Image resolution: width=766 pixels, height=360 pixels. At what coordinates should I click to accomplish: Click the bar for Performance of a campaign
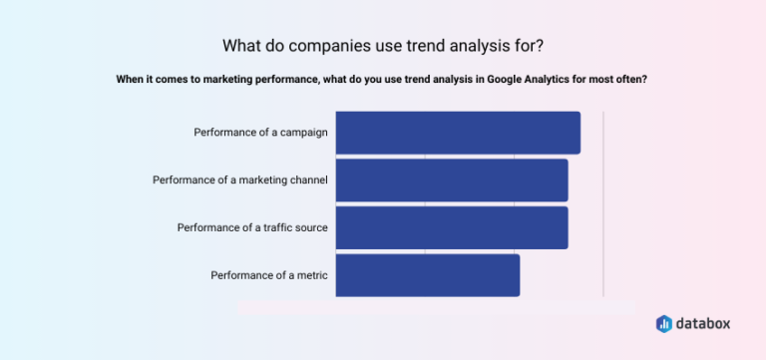[x=458, y=133]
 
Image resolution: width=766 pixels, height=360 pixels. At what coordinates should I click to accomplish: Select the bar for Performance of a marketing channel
[x=452, y=180]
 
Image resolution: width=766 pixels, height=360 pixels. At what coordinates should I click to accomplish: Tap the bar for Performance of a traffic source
[x=452, y=227]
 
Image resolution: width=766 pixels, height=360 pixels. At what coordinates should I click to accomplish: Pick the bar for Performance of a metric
[x=428, y=275]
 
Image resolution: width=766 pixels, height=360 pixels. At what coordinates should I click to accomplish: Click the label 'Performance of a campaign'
[x=260, y=133]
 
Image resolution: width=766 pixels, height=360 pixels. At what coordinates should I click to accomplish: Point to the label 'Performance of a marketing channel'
[x=240, y=180]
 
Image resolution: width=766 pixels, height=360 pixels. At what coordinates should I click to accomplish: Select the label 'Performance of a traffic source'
[x=252, y=227]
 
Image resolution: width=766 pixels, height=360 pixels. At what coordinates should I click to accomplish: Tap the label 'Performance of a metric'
[x=269, y=275]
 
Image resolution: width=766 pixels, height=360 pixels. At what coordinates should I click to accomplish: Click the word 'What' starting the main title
[x=242, y=46]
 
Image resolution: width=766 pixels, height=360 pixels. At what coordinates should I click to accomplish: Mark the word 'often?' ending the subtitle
[x=631, y=80]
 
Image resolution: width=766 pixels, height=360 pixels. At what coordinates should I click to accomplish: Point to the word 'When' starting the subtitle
[x=132, y=80]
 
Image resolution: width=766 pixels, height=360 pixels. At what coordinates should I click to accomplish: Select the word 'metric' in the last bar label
[x=309, y=275]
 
